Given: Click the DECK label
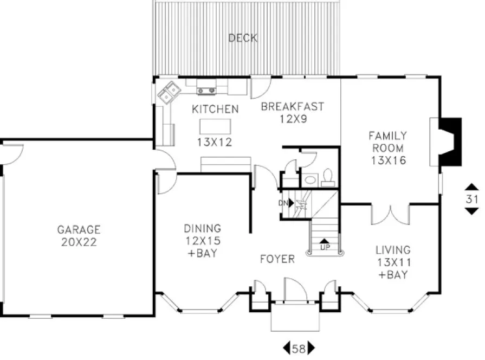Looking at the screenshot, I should tap(242, 38).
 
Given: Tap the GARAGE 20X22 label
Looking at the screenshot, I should tap(79, 236).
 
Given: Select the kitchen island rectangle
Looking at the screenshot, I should tap(216, 126).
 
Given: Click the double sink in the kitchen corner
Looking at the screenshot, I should tap(169, 92).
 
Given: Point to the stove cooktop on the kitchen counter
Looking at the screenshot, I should tap(206, 91).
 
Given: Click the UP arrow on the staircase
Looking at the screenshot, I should tap(324, 242).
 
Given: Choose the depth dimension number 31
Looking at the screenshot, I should tap(472, 199).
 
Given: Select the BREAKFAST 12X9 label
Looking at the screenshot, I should tap(292, 112).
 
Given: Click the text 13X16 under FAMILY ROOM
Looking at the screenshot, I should tap(388, 160).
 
